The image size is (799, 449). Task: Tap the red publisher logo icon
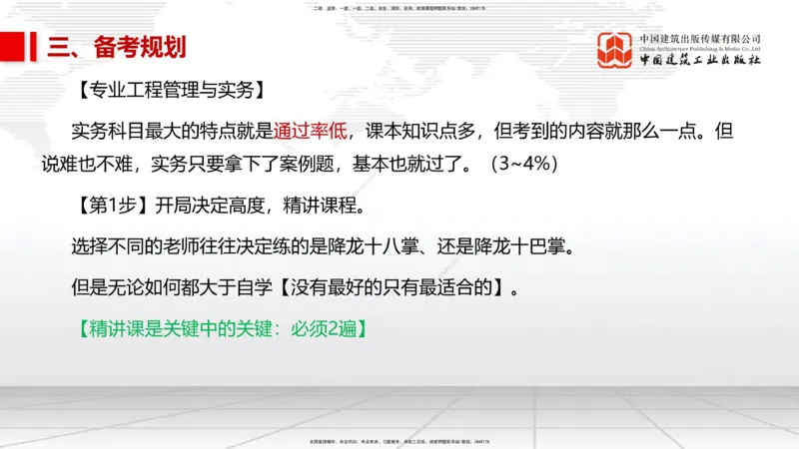pyautogui.click(x=615, y=51)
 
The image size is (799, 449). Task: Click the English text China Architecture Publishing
pyautogui.click(x=699, y=47)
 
